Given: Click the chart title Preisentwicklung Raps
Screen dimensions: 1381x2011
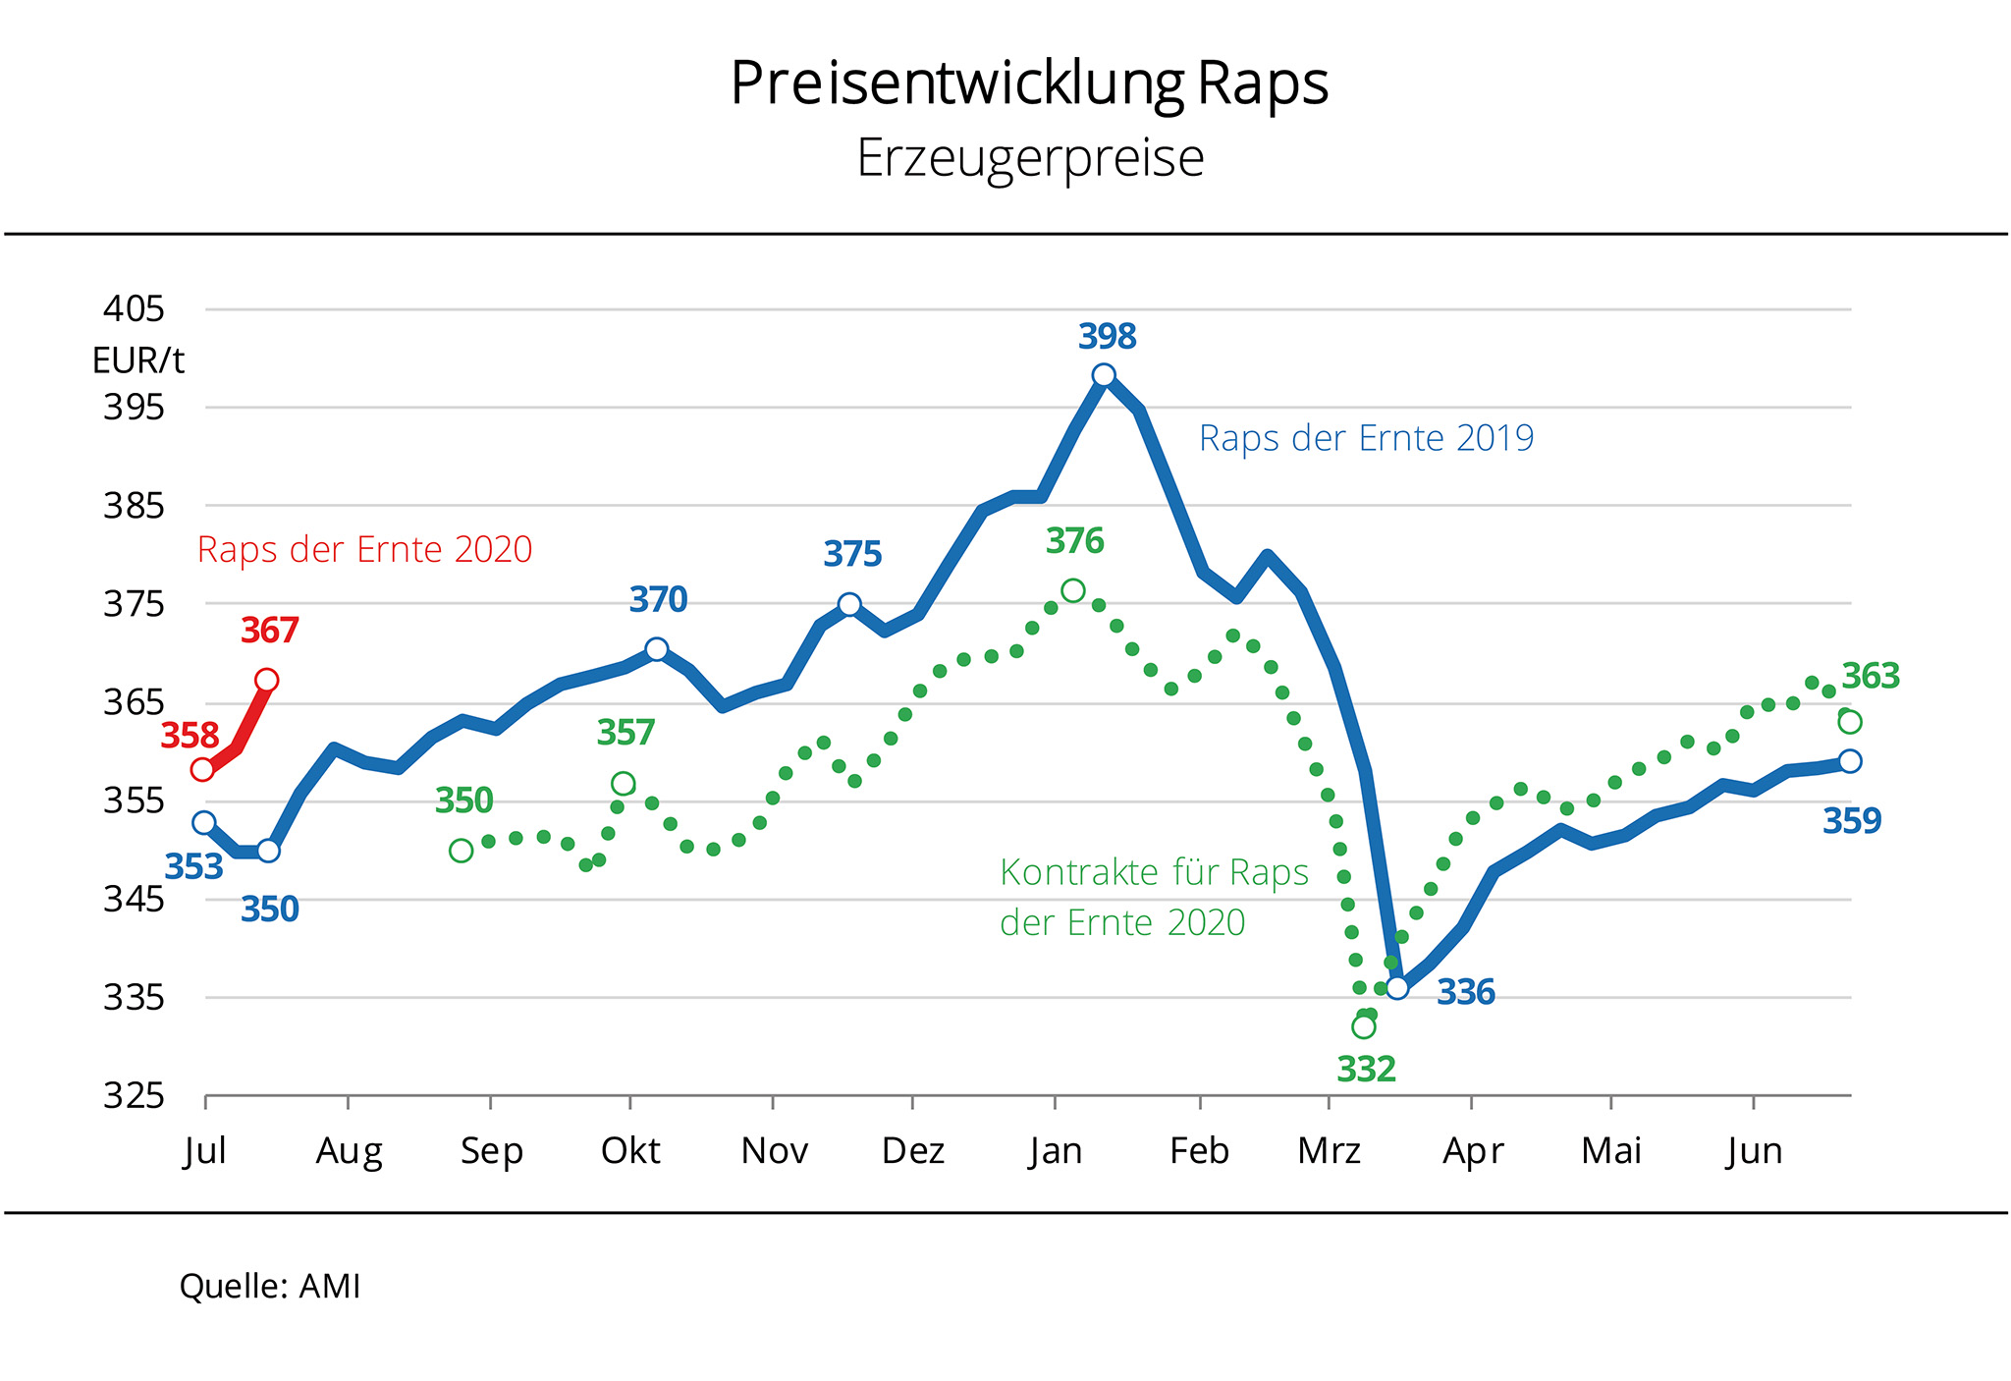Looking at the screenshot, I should coord(1029,83).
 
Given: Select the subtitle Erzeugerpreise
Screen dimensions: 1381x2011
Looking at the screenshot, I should coord(1030,158).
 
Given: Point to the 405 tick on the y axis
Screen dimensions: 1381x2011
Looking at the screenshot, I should coord(135,309).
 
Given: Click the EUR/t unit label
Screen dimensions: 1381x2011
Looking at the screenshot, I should coord(138,361).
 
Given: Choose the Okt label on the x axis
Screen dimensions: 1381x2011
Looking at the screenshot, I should coord(630,1151).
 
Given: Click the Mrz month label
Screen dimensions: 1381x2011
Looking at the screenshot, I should coord(1329,1151).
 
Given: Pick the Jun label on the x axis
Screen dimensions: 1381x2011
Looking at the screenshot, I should coord(1754,1151).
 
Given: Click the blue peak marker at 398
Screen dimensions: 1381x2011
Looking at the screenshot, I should coord(1104,375).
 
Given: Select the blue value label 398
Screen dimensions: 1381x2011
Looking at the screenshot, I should coord(1107,337).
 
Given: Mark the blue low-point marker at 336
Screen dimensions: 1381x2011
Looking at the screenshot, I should coord(1396,987).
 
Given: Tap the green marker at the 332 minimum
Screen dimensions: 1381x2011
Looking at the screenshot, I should coord(1363,1026).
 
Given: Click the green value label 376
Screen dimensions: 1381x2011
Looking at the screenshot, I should coord(1074,541).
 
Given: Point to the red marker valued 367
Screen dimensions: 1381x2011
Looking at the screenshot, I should coord(266,680).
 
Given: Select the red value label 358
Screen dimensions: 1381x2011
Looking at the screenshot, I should coord(190,736).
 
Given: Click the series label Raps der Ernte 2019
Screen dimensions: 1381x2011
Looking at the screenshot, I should coord(1366,438).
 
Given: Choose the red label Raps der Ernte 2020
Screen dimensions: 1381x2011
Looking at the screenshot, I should coord(364,550).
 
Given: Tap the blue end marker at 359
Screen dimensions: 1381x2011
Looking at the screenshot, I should coord(1850,761).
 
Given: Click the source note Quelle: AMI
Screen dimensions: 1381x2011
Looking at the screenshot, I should coord(270,1287).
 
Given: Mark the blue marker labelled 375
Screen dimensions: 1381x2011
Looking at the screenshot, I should coord(849,604).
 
